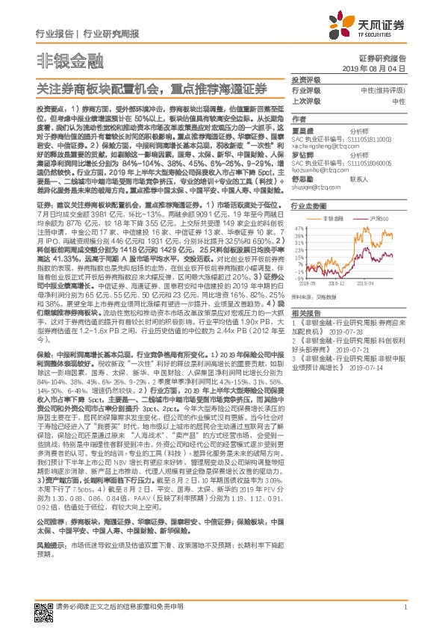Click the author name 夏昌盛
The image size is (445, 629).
303,129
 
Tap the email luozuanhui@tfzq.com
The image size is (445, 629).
315,169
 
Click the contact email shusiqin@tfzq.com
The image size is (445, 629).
312,188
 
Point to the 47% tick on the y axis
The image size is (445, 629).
299,227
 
